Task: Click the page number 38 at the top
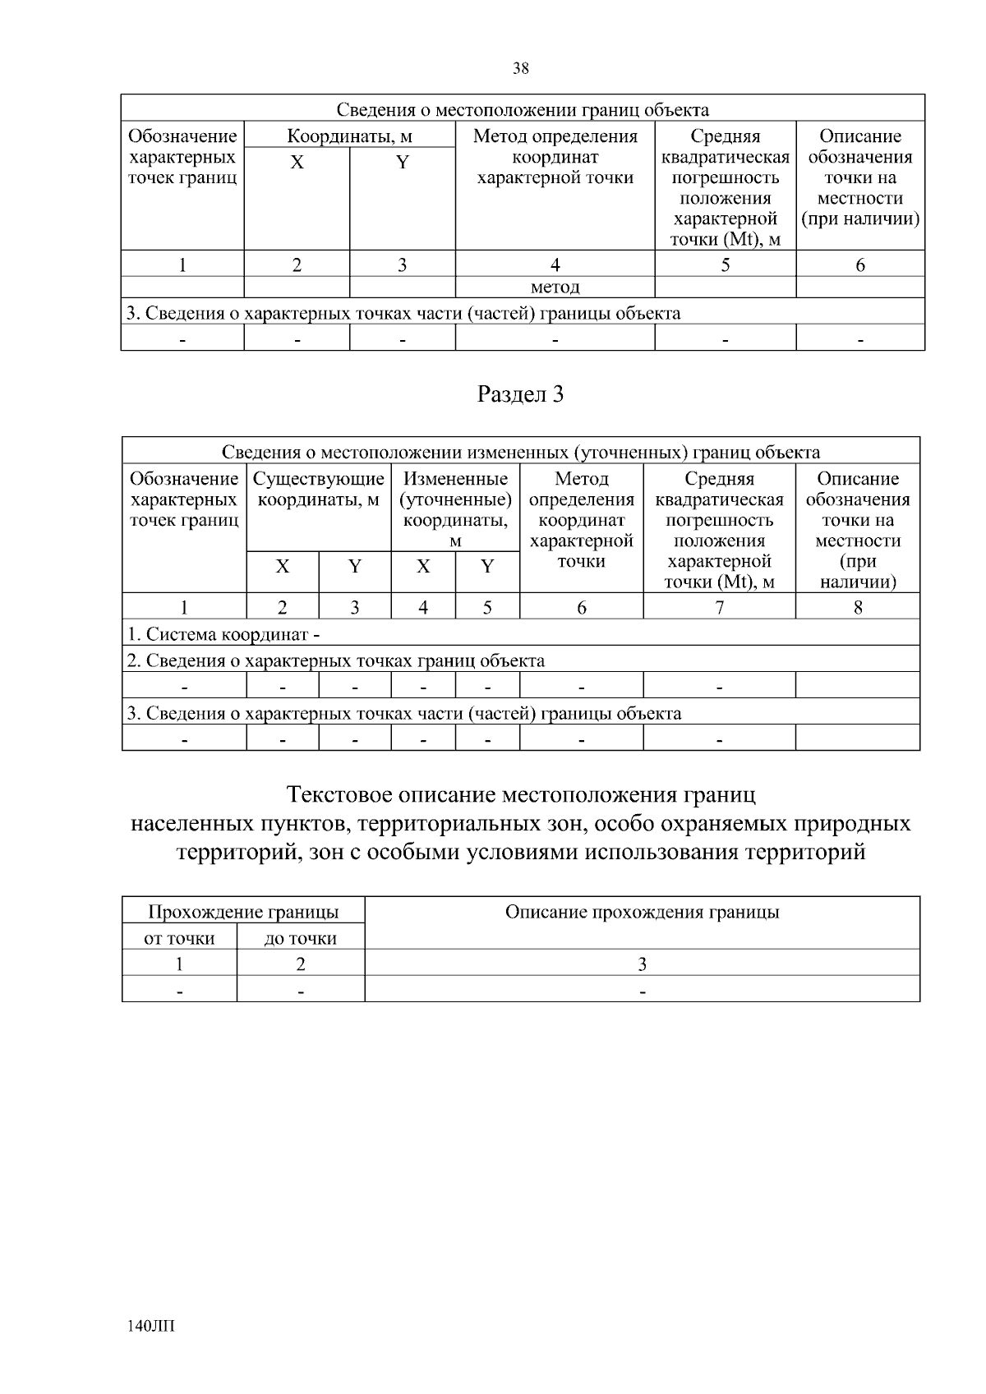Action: coord(521,69)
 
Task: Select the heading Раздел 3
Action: coord(521,395)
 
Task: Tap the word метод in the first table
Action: coord(555,288)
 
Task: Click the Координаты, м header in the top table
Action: coord(349,136)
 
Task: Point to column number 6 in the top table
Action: coord(859,265)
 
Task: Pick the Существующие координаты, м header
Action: coord(319,490)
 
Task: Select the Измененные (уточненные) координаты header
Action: coord(455,508)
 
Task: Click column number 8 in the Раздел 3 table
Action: coord(857,607)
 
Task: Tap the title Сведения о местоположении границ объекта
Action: coord(523,110)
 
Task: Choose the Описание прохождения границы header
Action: coord(642,913)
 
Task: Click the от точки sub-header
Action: coord(179,939)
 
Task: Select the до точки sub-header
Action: coord(300,939)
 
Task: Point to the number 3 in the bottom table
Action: coord(642,964)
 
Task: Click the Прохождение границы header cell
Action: coord(242,913)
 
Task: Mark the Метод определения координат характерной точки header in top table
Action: coord(555,157)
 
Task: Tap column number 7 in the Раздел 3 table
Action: coord(719,607)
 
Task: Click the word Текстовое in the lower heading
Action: coord(339,795)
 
